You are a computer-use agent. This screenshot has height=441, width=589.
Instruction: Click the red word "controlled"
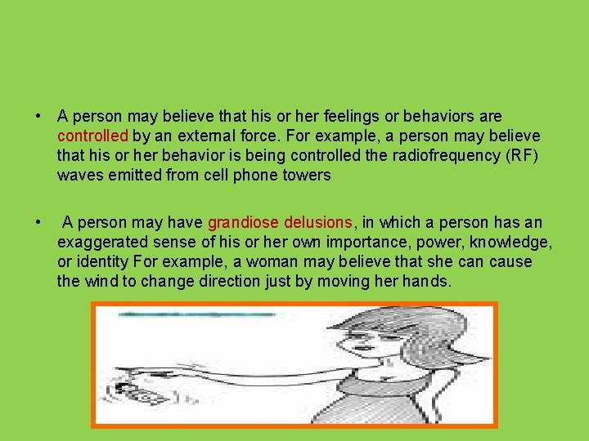pyautogui.click(x=93, y=136)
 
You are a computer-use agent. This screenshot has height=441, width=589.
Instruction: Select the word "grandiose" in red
pyautogui.click(x=244, y=222)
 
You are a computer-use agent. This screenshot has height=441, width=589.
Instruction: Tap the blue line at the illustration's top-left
pyautogui.click(x=196, y=314)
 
